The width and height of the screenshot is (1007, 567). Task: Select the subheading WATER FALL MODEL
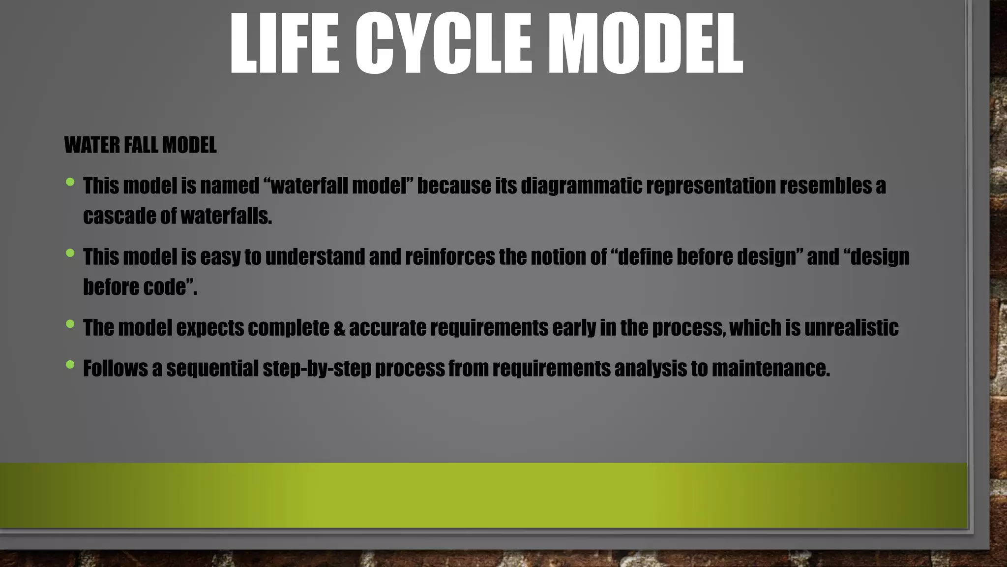140,145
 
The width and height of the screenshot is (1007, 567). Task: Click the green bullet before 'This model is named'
70,183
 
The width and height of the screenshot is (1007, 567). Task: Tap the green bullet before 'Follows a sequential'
70,365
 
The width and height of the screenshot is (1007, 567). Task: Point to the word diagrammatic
581,186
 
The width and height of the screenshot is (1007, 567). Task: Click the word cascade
119,216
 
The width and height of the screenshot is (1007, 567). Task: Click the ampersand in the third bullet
339,328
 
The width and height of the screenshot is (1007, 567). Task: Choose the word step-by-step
317,369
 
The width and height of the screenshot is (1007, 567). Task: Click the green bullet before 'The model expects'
70,324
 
